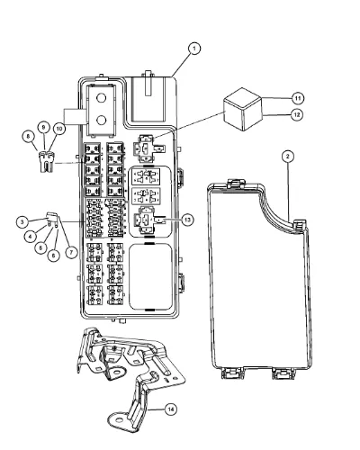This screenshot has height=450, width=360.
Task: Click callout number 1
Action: click(194, 49)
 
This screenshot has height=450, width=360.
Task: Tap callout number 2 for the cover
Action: click(288, 156)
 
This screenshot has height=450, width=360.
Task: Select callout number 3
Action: click(22, 222)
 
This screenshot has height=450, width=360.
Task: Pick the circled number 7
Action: click(71, 253)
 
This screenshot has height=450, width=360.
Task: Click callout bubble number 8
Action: click(28, 137)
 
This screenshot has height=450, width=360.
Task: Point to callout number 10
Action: click(59, 129)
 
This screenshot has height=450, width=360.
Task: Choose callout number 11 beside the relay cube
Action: click(297, 98)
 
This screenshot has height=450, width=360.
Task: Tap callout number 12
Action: click(297, 114)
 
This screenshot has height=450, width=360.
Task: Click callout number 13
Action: click(187, 220)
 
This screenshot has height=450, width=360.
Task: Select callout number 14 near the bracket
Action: click(171, 409)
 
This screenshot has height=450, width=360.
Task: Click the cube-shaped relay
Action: click(243, 109)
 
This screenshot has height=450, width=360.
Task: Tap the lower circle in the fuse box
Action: click(102, 120)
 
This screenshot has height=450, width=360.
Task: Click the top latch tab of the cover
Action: click(236, 183)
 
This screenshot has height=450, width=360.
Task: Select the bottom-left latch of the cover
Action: click(231, 373)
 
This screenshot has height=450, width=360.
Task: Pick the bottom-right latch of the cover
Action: click(282, 373)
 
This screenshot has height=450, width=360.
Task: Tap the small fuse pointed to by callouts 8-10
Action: click(47, 162)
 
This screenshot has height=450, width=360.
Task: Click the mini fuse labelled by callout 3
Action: click(52, 219)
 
